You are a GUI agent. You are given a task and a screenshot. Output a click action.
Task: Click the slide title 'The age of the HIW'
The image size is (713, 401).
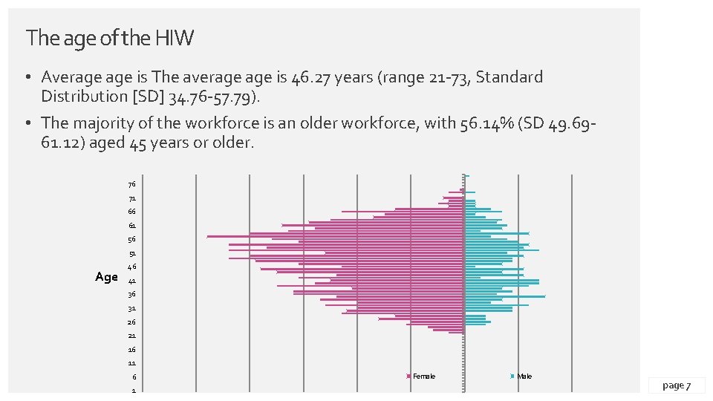[109, 38]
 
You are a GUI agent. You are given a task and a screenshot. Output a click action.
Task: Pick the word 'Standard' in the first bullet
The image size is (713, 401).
[509, 77]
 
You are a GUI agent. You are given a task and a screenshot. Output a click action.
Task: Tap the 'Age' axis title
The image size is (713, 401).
[106, 277]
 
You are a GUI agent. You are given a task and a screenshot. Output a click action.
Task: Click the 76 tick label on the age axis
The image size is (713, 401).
[131, 185]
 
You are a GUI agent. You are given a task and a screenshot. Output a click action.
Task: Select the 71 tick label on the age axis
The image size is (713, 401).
[131, 199]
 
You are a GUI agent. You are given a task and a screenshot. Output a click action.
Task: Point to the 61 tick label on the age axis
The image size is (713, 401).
[131, 226]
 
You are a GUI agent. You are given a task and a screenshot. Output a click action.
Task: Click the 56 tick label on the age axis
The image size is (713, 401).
[131, 240]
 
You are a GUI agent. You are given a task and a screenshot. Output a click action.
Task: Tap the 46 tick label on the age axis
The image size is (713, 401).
[131, 267]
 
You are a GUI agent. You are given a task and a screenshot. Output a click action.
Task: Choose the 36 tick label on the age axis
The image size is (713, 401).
[131, 295]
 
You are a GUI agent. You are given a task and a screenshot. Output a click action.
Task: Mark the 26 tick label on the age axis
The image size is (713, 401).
[131, 322]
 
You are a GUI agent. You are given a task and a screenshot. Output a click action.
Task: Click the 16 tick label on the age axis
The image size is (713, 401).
[131, 350]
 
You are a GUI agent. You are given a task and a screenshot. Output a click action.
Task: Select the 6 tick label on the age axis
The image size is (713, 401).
[133, 377]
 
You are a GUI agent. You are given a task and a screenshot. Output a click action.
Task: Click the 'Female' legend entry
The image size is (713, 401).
[423, 376]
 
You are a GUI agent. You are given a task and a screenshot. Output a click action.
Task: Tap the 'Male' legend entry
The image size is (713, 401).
[524, 376]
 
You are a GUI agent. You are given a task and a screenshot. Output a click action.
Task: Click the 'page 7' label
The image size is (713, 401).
[676, 385]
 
